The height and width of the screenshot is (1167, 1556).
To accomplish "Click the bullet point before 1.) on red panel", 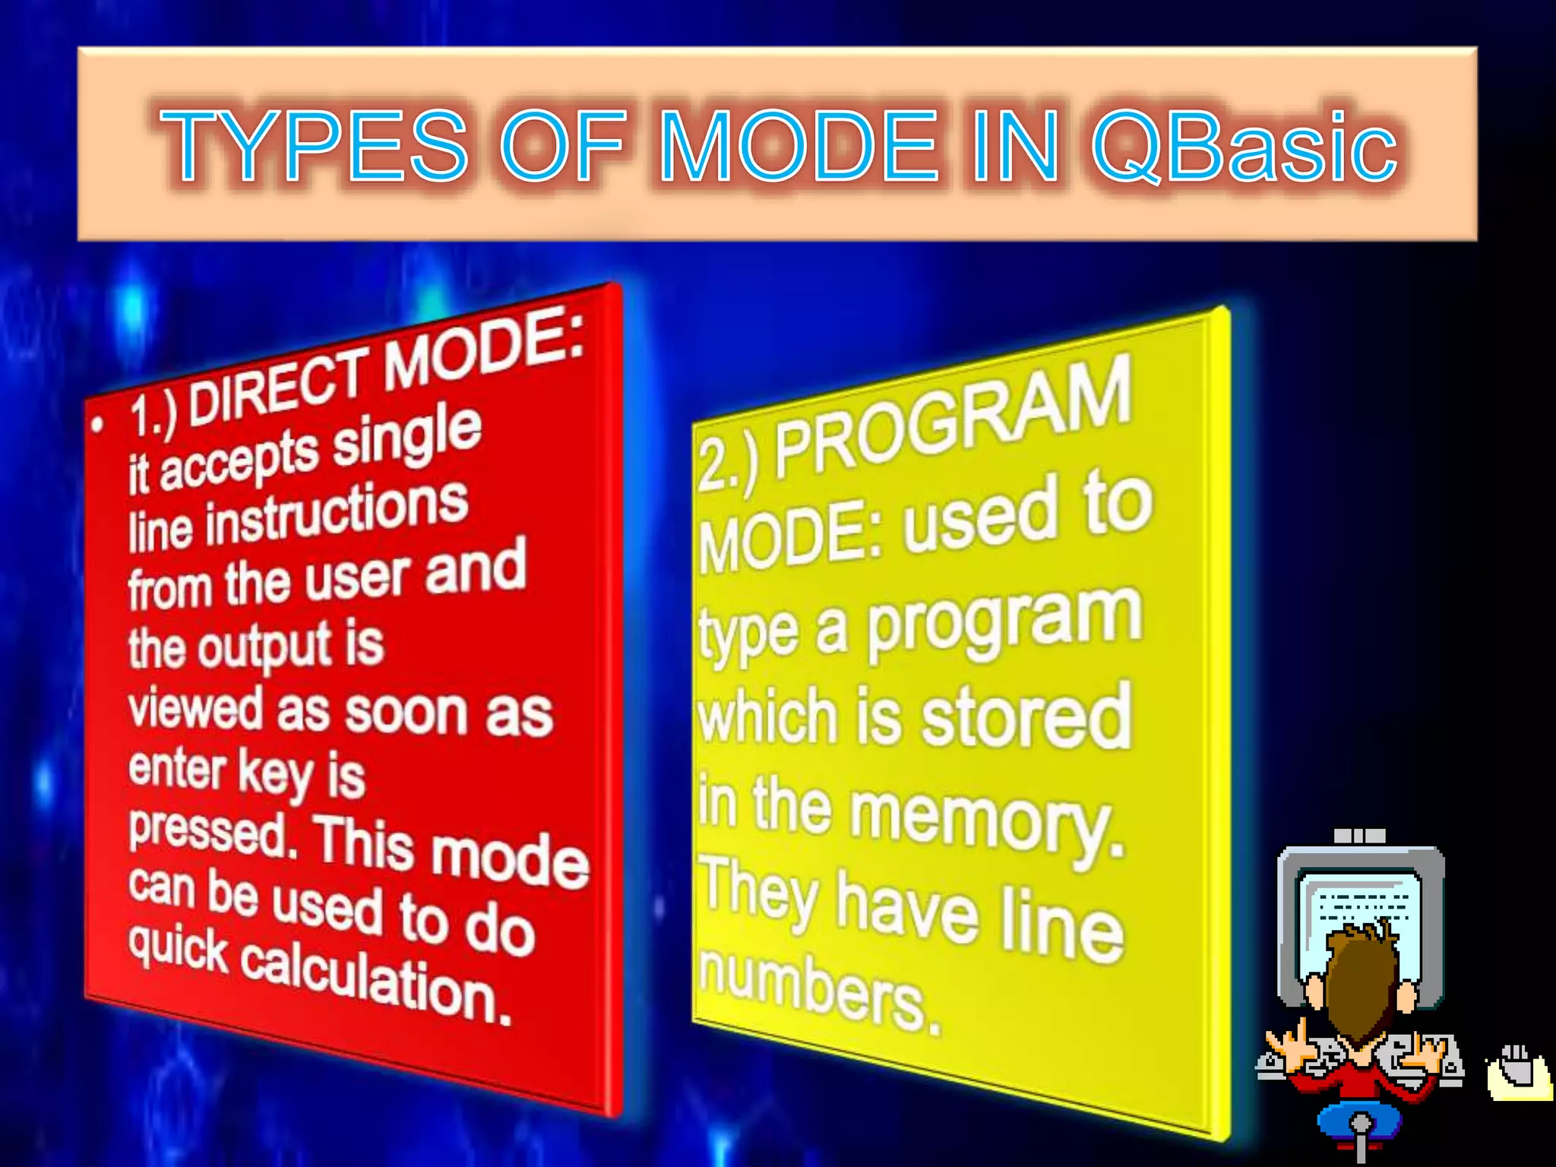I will [x=96, y=425].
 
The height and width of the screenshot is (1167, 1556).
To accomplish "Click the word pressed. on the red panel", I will [x=213, y=835].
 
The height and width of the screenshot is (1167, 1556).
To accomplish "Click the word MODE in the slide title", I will [x=799, y=146].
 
